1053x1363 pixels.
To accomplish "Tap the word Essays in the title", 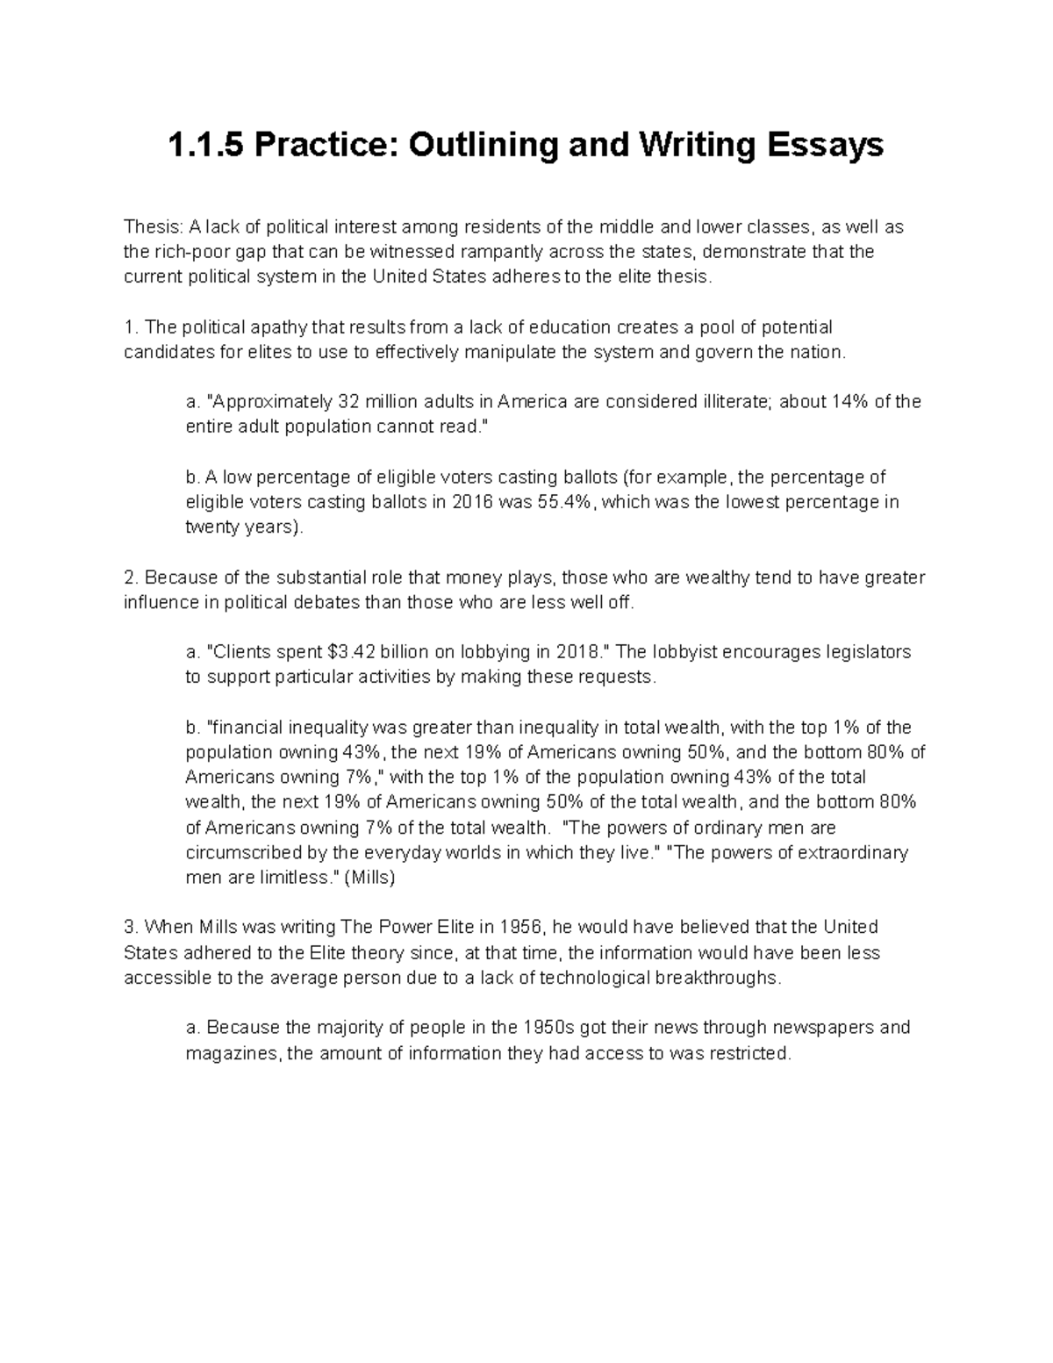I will [x=825, y=145].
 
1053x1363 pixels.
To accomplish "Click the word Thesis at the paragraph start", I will [x=148, y=227].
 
